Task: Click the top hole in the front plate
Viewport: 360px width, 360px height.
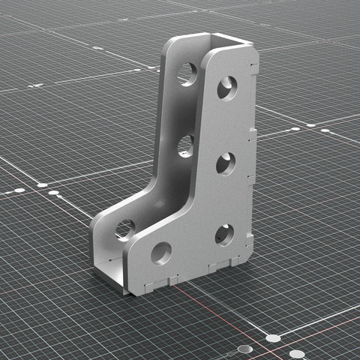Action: click(x=227, y=88)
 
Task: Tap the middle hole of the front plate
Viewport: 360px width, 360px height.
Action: click(x=226, y=163)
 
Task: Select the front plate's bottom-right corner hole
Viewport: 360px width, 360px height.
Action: click(x=225, y=235)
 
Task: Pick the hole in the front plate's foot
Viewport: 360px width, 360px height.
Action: click(x=160, y=253)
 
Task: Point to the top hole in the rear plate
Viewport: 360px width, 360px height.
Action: click(x=187, y=73)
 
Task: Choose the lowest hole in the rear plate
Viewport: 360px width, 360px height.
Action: click(x=125, y=229)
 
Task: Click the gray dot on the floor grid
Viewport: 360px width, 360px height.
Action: click(x=245, y=349)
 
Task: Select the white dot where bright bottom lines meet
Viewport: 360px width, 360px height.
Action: click(x=273, y=338)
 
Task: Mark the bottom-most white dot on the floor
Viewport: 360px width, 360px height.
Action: click(x=297, y=353)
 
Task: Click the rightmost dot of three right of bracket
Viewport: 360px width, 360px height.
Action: click(x=325, y=131)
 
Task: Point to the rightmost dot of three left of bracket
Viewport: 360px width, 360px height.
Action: click(x=54, y=193)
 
